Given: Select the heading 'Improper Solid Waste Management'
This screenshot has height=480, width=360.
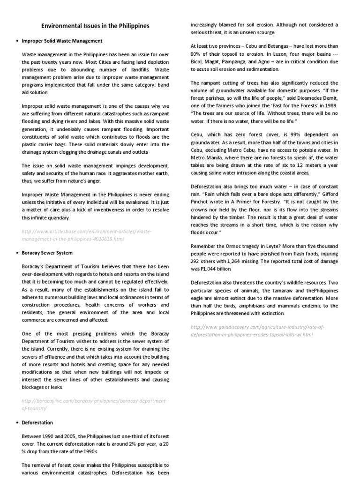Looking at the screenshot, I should click(x=62, y=41).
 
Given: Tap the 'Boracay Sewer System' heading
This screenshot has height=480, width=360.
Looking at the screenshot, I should click(x=47, y=253).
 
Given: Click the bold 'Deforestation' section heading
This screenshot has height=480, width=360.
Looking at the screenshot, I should click(x=37, y=422).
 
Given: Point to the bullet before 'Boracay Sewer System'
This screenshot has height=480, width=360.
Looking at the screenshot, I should click(x=17, y=253).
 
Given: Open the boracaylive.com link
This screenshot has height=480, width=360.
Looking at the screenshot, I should click(x=94, y=405).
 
